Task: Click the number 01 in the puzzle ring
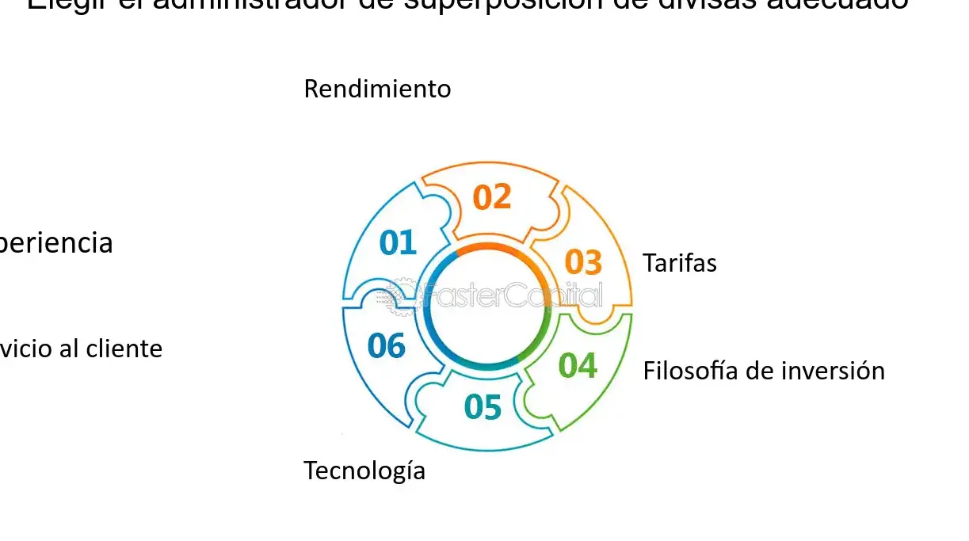[x=398, y=243]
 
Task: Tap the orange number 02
[x=492, y=197]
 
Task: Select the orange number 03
[x=583, y=262]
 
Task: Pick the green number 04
[x=578, y=365]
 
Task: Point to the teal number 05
[x=483, y=407]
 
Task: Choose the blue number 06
[x=387, y=346]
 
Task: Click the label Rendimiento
[x=377, y=89]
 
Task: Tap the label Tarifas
[x=679, y=263]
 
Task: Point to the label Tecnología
[x=364, y=471]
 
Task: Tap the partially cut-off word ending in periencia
[x=55, y=243]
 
